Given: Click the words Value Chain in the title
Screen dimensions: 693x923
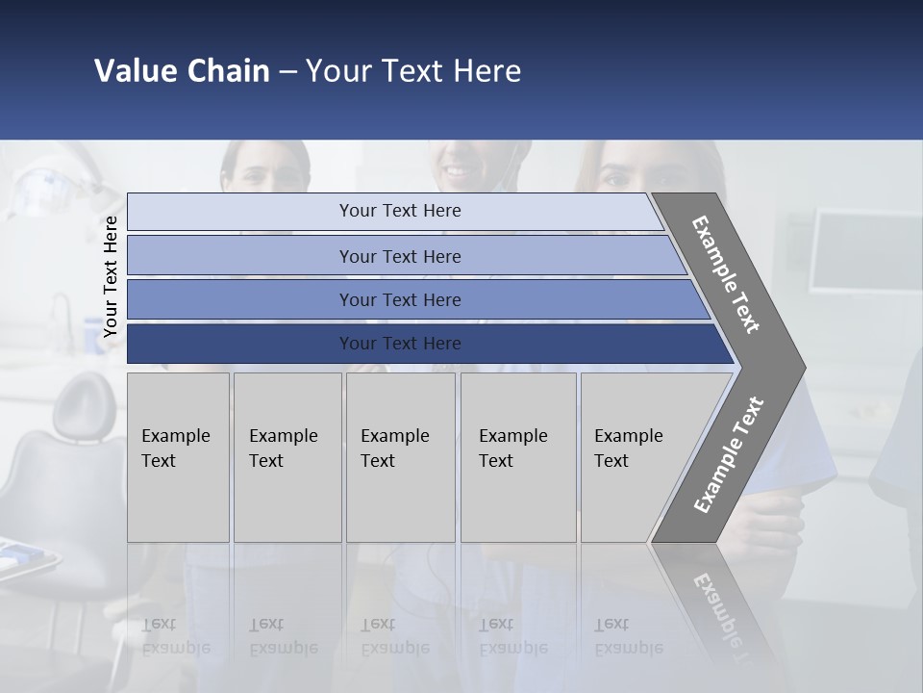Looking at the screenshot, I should coord(182,71).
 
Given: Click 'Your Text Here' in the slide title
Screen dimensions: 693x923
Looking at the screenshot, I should coord(413,71).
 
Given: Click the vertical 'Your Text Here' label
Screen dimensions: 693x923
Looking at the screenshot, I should coord(111,276).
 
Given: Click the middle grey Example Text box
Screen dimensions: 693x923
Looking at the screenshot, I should coord(400,457).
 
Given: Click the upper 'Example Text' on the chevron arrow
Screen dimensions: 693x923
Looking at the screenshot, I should coord(726,274).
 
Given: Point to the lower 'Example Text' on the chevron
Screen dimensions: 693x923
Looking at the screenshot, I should coord(728,454).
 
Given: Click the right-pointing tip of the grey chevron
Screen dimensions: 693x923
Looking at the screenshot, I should coord(800,367).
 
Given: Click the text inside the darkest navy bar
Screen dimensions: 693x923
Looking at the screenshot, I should coord(400,344).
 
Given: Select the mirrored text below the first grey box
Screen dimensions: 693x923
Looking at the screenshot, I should coord(175,635).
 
